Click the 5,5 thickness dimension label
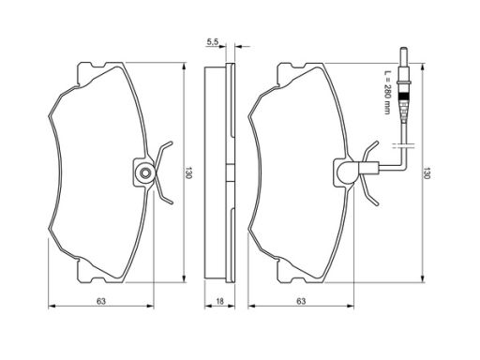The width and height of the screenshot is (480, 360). click(213, 42)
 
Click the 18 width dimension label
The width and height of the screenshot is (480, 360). click(220, 301)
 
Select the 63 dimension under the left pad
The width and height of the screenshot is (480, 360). click(101, 301)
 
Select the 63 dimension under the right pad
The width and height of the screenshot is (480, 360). click(301, 301)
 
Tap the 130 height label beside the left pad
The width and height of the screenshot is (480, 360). click(188, 172)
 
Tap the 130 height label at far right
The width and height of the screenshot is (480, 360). click(427, 172)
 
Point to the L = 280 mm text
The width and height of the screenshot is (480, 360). click(387, 92)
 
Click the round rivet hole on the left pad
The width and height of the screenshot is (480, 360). click(144, 172)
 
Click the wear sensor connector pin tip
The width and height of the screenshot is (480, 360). click(404, 50)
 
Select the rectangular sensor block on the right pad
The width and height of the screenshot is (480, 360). click(368, 168)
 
